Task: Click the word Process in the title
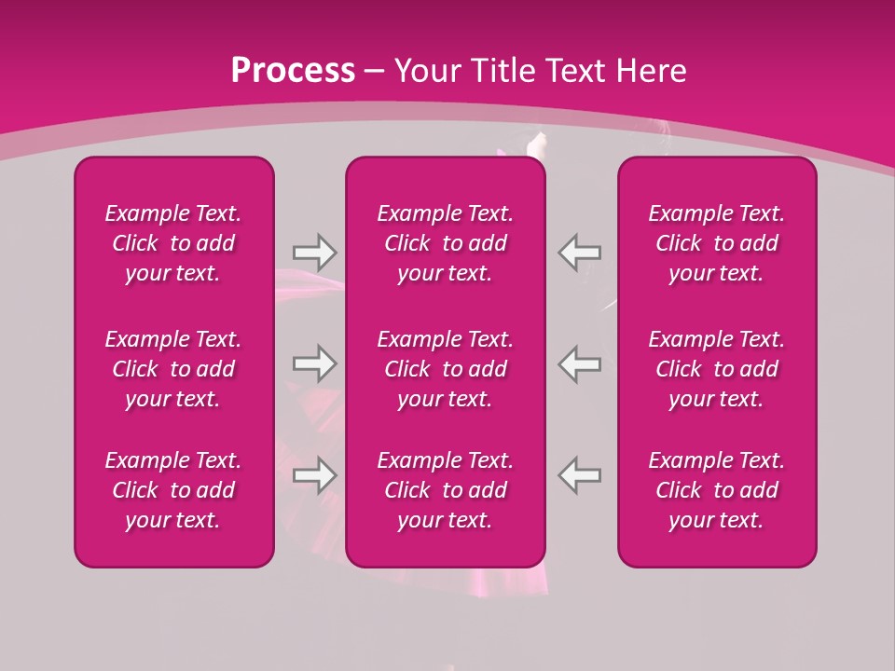[293, 71]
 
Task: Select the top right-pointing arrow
[314, 252]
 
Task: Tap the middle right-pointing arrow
[314, 363]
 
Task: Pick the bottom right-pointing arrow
[314, 475]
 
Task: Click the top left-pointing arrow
[580, 252]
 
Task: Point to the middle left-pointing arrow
[580, 363]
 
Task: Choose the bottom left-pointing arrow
[580, 475]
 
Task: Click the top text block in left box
[173, 243]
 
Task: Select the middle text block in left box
[173, 369]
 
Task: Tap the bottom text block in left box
[173, 490]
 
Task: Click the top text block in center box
[446, 243]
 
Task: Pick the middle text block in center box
[446, 369]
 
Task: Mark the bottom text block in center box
[446, 490]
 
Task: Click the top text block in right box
[717, 243]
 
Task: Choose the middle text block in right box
[717, 369]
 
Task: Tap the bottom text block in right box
[717, 490]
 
